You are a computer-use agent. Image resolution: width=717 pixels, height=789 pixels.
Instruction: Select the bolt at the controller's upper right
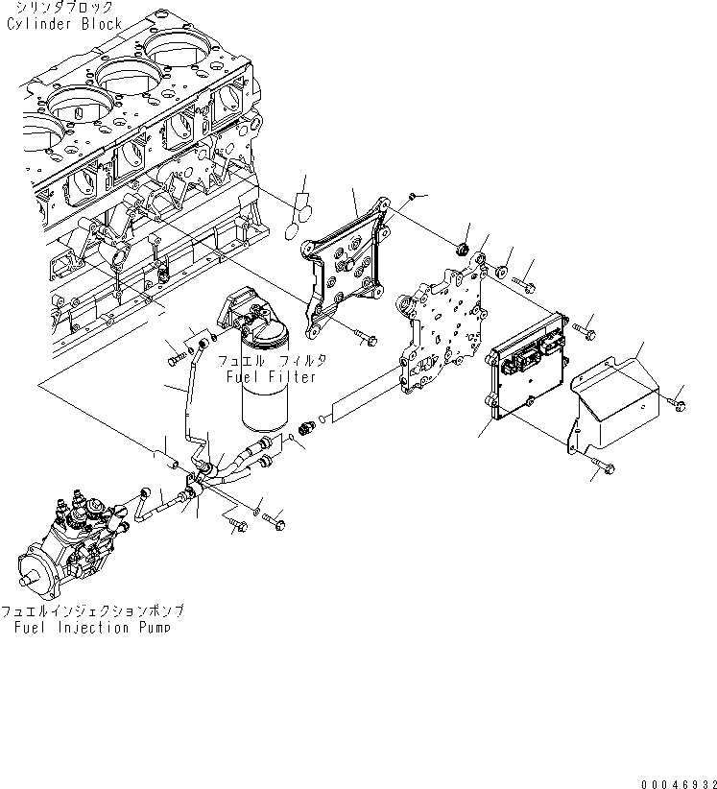(585, 332)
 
